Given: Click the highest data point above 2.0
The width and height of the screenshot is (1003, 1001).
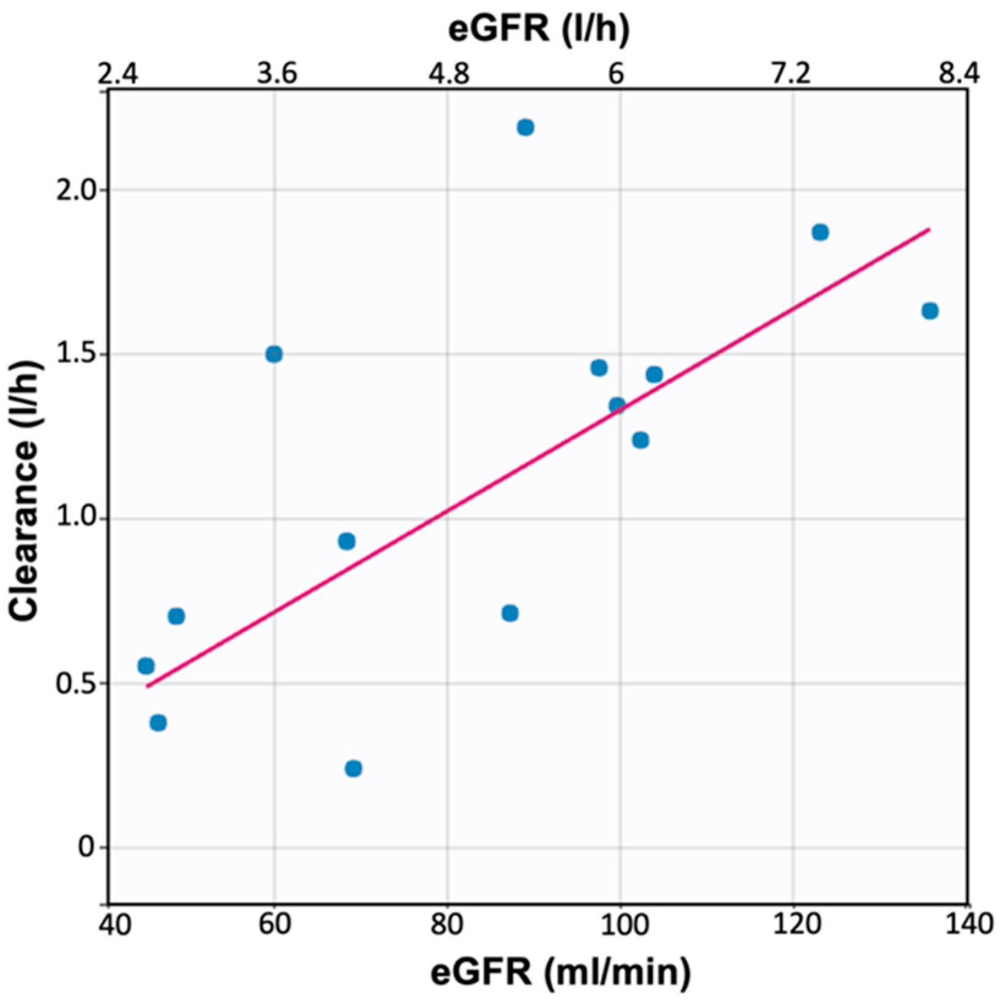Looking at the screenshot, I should click(x=525, y=127).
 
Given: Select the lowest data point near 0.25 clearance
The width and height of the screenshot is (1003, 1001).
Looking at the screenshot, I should click(x=353, y=768).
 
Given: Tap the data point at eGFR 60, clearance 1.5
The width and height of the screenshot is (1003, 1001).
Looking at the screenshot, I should click(x=274, y=354).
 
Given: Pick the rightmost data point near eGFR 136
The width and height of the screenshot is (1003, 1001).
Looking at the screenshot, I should click(x=930, y=311).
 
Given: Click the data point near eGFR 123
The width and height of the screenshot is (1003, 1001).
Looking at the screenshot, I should click(x=820, y=232).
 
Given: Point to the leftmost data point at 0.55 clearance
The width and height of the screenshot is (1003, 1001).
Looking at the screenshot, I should click(x=146, y=666).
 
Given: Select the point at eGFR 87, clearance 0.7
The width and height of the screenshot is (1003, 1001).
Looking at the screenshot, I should click(x=509, y=613).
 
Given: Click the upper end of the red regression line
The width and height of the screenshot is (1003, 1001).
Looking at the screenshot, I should click(x=929, y=229).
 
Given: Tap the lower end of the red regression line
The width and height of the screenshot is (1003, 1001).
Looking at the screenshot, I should click(x=147, y=686).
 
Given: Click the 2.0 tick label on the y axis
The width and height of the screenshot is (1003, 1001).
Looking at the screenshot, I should click(x=73, y=190).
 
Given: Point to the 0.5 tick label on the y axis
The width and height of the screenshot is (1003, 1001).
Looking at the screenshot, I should click(x=73, y=683).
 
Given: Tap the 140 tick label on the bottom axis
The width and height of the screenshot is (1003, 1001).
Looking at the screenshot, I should click(x=967, y=924).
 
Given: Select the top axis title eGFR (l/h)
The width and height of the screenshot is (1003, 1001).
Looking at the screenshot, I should click(x=538, y=29).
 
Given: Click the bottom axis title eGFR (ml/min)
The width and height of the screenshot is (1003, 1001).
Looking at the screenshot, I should click(x=560, y=972).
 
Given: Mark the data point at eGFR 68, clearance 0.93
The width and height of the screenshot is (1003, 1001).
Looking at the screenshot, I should click(x=346, y=541).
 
